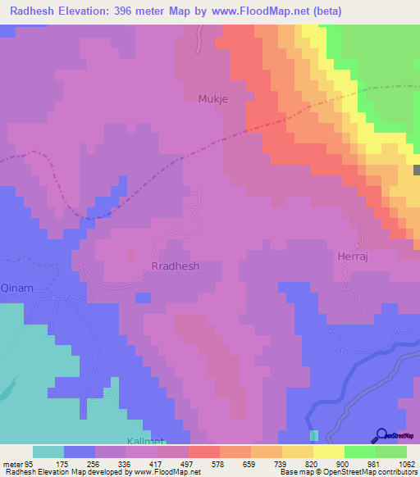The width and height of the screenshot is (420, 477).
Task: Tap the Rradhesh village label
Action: [176, 266]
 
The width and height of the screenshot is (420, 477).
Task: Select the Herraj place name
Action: [355, 257]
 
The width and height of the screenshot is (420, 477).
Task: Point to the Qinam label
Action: [17, 288]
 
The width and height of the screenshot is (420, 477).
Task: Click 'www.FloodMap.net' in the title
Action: [256, 11]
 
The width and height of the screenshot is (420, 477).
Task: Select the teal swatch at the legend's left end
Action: [48, 452]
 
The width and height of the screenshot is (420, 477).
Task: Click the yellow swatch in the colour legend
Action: [328, 452]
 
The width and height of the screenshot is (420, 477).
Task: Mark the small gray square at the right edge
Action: [417, 170]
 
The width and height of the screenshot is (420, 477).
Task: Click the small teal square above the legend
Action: [313, 434]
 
